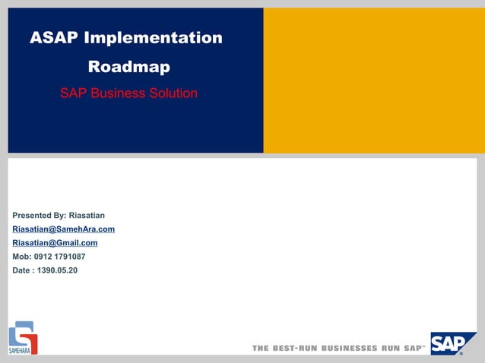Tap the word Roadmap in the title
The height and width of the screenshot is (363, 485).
[x=128, y=67]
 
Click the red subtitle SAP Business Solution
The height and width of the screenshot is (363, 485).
[x=128, y=93]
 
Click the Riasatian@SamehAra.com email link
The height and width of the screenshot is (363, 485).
[x=64, y=229]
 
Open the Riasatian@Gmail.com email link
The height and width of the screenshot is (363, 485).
[x=55, y=243]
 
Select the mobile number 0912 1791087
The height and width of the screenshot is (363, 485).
[x=60, y=257]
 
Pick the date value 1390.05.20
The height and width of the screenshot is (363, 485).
[x=57, y=270]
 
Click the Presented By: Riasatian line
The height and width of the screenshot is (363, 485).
[x=59, y=216]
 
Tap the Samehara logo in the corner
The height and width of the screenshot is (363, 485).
[x=23, y=335]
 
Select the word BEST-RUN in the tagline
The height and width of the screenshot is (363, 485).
[x=295, y=348]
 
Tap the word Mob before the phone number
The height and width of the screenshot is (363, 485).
[x=21, y=257]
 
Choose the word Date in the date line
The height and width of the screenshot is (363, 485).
[x=22, y=270]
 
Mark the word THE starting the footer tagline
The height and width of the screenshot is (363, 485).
[x=261, y=348]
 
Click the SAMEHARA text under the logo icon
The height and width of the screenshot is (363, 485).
[x=19, y=350]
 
